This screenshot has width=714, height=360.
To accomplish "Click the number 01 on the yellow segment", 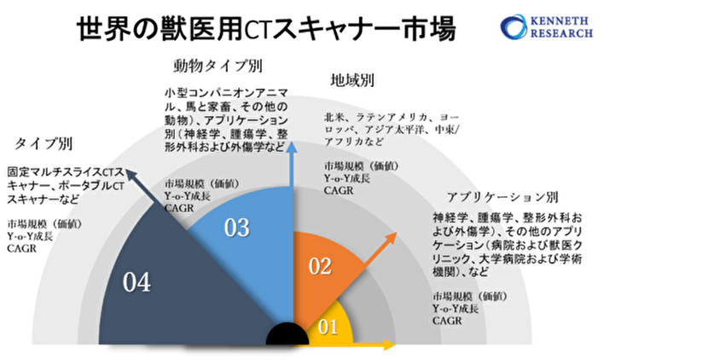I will point(328,327).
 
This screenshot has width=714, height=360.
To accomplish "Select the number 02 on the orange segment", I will point(319,266).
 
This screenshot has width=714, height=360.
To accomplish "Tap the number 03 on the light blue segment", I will point(236,228).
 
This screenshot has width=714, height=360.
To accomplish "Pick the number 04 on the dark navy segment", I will point(136,282).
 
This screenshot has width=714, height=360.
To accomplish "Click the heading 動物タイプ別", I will point(218,66).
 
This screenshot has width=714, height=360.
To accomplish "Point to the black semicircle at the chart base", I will point(287,336).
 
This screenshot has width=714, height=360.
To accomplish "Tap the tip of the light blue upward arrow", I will point(293,147).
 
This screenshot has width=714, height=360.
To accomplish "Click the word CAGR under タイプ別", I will point(21,248).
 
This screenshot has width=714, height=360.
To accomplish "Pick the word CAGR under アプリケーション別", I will point(447,320).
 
